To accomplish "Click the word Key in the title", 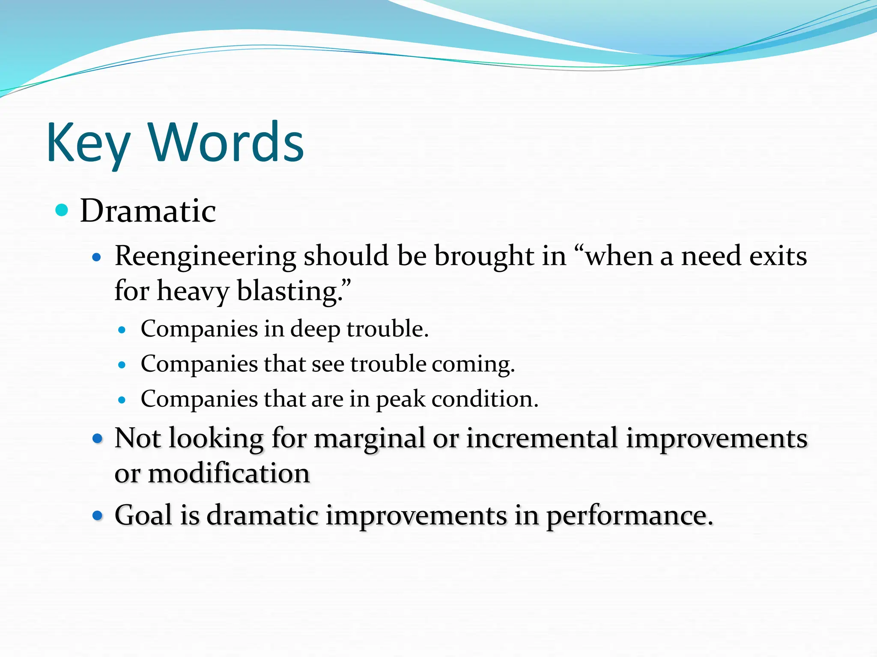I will (88, 143).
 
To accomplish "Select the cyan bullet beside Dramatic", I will (62, 210).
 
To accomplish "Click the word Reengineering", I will (205, 257).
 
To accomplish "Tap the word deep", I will (315, 330).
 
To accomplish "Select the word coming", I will (473, 365).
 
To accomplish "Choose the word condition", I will (484, 399).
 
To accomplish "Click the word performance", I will (629, 516).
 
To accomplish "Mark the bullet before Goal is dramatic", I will (98, 515).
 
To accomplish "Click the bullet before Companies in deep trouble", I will (122, 330).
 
